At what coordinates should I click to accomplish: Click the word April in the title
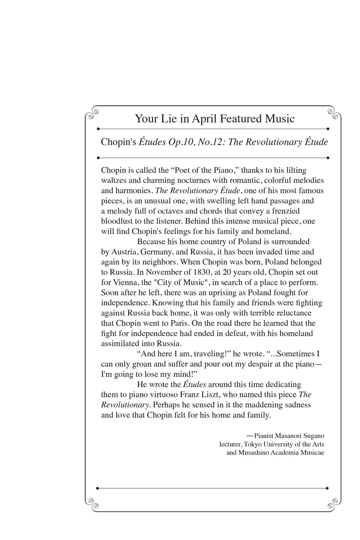coord(204,119)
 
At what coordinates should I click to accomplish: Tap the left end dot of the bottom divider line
coord(98,488)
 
